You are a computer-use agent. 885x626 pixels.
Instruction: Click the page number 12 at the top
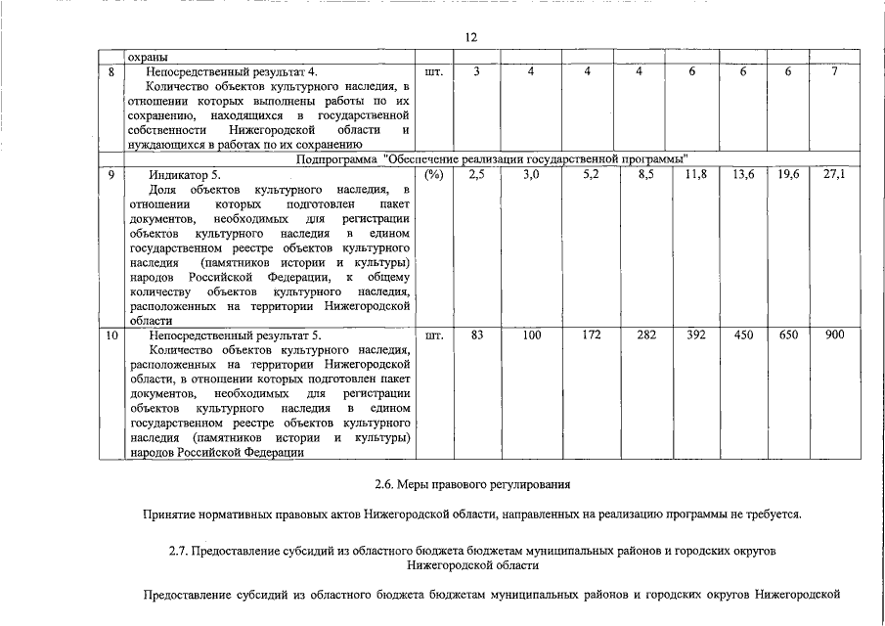[470, 37]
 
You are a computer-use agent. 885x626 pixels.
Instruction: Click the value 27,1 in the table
[834, 174]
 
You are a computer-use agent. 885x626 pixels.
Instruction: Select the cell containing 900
[834, 335]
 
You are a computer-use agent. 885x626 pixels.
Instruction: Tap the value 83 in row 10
[477, 335]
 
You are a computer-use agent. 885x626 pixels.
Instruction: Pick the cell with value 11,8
[695, 174]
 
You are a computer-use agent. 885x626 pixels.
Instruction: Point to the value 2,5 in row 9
[477, 174]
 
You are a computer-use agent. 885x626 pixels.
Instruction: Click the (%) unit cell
[434, 174]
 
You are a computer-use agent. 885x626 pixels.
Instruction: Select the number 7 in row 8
[834, 71]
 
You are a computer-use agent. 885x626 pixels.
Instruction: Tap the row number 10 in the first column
[112, 335]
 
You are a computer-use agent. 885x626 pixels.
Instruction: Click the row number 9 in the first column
[112, 174]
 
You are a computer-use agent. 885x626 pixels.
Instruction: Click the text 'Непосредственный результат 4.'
[232, 71]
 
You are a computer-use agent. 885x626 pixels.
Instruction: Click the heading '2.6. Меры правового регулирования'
[470, 484]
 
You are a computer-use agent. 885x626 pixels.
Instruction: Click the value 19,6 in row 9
[789, 174]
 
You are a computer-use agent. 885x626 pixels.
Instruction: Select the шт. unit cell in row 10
[434, 335]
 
